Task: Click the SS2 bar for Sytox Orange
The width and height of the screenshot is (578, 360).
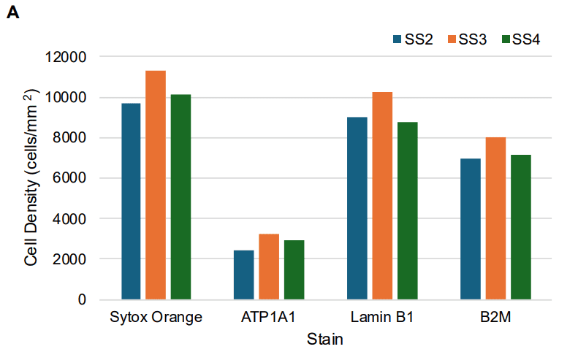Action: pyautogui.click(x=131, y=202)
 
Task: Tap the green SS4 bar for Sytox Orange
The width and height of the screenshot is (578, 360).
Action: pyautogui.click(x=180, y=197)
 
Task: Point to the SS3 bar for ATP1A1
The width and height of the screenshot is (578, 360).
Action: pyautogui.click(x=269, y=267)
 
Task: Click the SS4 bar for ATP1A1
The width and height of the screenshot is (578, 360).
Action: pyautogui.click(x=294, y=270)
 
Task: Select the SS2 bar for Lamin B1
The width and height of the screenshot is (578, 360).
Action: pyautogui.click(x=357, y=208)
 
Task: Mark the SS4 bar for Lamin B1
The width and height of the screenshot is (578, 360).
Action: pyautogui.click(x=407, y=211)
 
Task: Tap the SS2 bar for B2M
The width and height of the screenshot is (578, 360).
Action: pyautogui.click(x=471, y=229)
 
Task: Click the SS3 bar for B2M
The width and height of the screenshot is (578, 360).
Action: pyautogui.click(x=495, y=218)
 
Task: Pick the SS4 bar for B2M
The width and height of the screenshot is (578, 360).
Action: pyautogui.click(x=520, y=227)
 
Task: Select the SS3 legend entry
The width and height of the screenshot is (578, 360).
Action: pyautogui.click(x=467, y=39)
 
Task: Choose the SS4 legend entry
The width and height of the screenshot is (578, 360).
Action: pyautogui.click(x=520, y=39)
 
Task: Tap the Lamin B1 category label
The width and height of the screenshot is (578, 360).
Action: pyautogui.click(x=382, y=318)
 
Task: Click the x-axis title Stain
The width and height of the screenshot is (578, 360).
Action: pyautogui.click(x=325, y=340)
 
